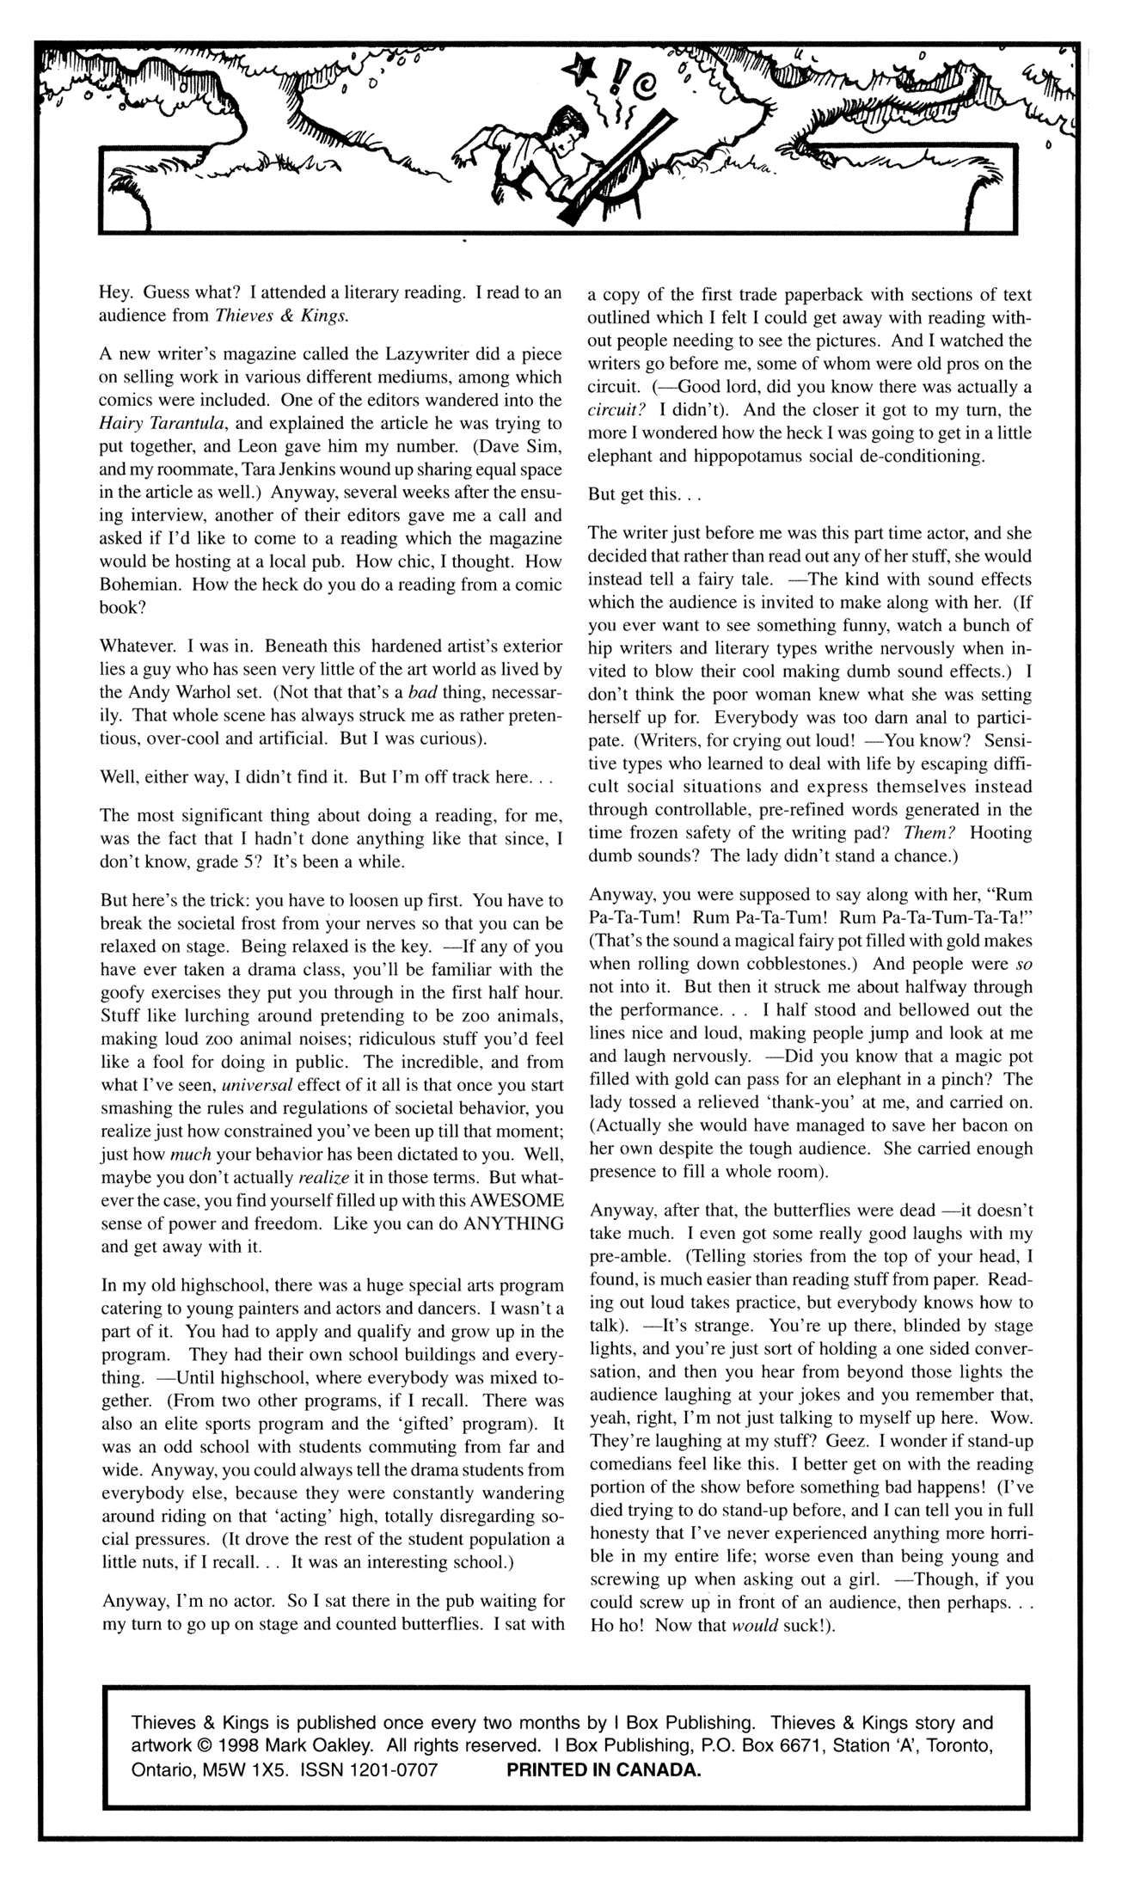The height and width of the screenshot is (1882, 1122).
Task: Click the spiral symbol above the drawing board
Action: pos(642,83)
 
